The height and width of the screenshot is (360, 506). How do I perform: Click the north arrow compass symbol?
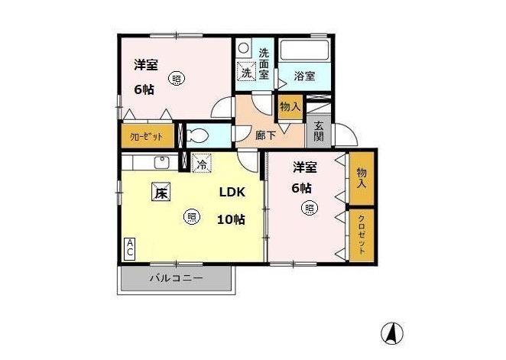(392, 333)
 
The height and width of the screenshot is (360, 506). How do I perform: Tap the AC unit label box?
(130, 248)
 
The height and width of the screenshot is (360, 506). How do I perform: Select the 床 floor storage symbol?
(161, 192)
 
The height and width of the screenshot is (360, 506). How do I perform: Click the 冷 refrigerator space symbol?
(202, 163)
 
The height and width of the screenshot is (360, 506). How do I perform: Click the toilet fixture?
(197, 135)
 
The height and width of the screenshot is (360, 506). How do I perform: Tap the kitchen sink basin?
(162, 162)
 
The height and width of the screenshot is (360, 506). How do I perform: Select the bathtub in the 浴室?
(304, 50)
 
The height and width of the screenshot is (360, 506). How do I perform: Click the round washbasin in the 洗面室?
(244, 48)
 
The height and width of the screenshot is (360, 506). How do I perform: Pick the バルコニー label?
(177, 277)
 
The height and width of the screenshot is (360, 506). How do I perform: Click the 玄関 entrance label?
(319, 131)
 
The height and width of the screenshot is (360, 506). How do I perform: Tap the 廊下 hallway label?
(265, 135)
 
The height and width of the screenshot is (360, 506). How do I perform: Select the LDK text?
(232, 193)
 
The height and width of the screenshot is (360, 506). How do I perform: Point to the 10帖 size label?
(231, 219)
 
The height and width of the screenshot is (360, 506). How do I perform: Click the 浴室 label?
(304, 76)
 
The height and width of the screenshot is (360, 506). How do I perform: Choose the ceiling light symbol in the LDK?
(191, 216)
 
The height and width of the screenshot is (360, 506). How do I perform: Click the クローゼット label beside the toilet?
(146, 137)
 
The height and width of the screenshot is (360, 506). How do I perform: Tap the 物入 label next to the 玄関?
(290, 106)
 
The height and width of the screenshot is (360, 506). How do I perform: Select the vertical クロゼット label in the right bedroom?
(362, 235)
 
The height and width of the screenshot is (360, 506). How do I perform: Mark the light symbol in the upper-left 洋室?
(177, 79)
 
